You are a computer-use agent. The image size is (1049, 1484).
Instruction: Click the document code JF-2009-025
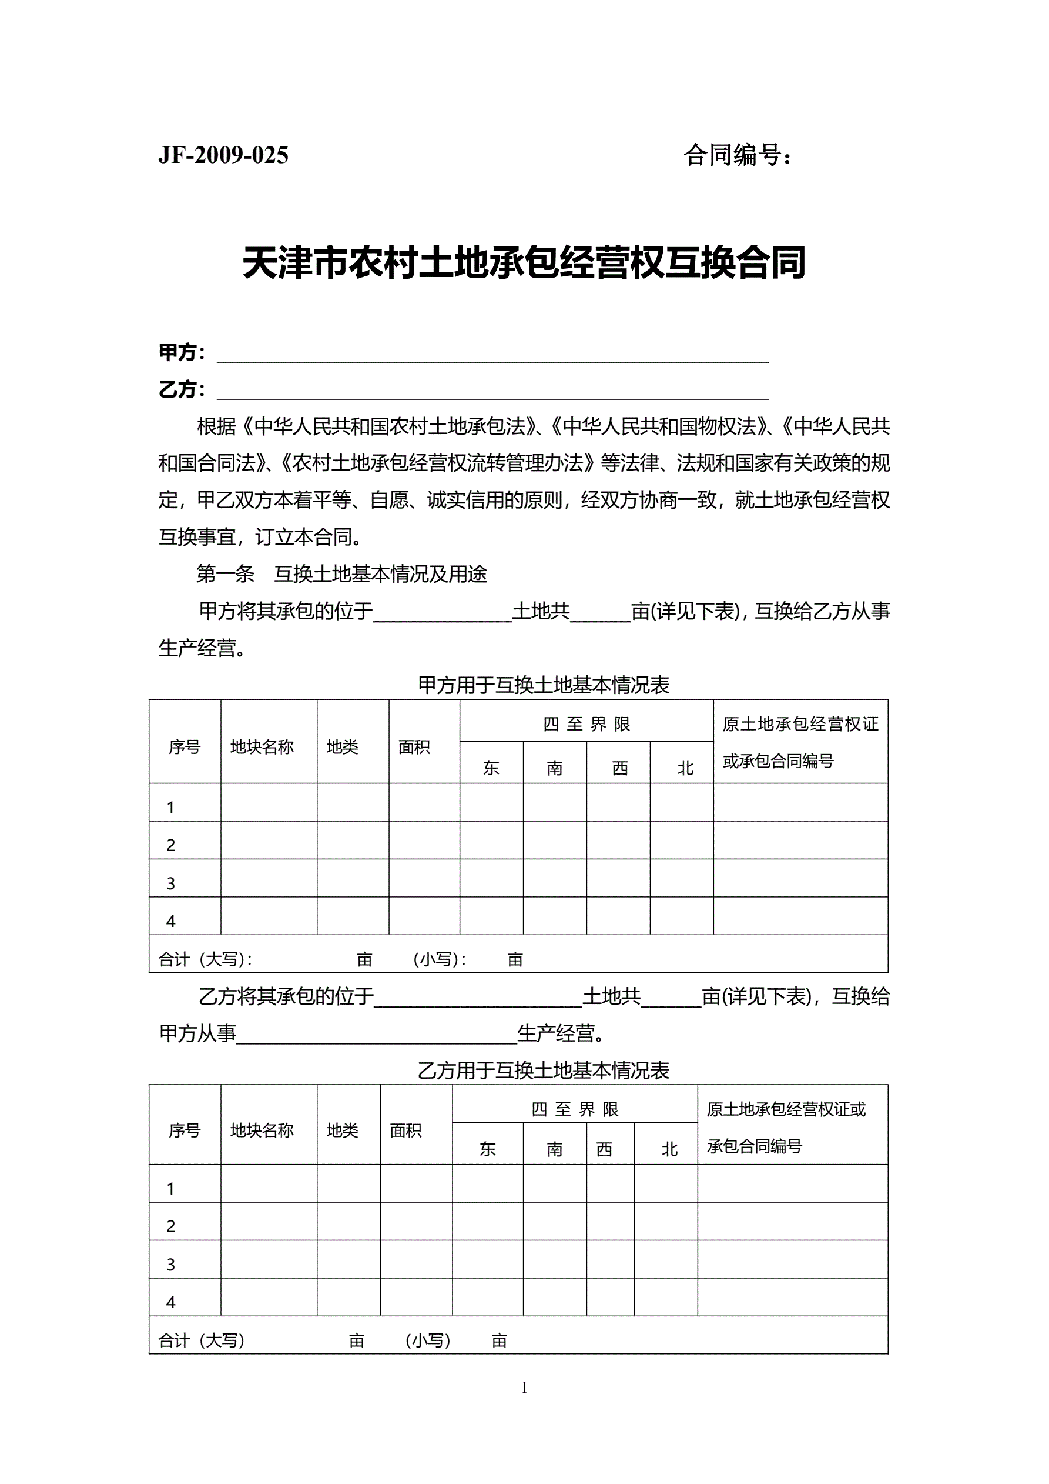(x=223, y=155)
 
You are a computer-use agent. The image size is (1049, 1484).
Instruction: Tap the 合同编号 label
(x=737, y=155)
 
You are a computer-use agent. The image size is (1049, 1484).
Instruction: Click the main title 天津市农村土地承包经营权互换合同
(x=524, y=262)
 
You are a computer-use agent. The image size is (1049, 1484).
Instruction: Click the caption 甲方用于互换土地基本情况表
(x=543, y=685)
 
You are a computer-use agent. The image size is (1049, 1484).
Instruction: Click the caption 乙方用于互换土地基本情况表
(x=543, y=1071)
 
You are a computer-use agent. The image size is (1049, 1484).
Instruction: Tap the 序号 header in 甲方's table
(x=185, y=746)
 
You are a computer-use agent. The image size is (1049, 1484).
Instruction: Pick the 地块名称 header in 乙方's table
(x=262, y=1130)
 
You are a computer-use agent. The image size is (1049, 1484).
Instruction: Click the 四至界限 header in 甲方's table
(x=586, y=724)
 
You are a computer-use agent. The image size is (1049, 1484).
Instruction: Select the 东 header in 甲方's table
(x=491, y=767)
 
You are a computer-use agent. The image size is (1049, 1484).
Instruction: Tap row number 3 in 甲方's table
(x=170, y=883)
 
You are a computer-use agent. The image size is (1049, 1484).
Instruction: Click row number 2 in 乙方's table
(x=170, y=1226)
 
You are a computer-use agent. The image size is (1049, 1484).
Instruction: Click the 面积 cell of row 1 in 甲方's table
(x=424, y=802)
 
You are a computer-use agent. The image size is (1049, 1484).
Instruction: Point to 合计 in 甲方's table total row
(x=175, y=959)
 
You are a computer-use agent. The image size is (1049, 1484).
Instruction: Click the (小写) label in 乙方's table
(x=428, y=1340)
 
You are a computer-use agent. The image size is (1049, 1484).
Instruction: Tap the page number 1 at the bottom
(x=524, y=1387)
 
